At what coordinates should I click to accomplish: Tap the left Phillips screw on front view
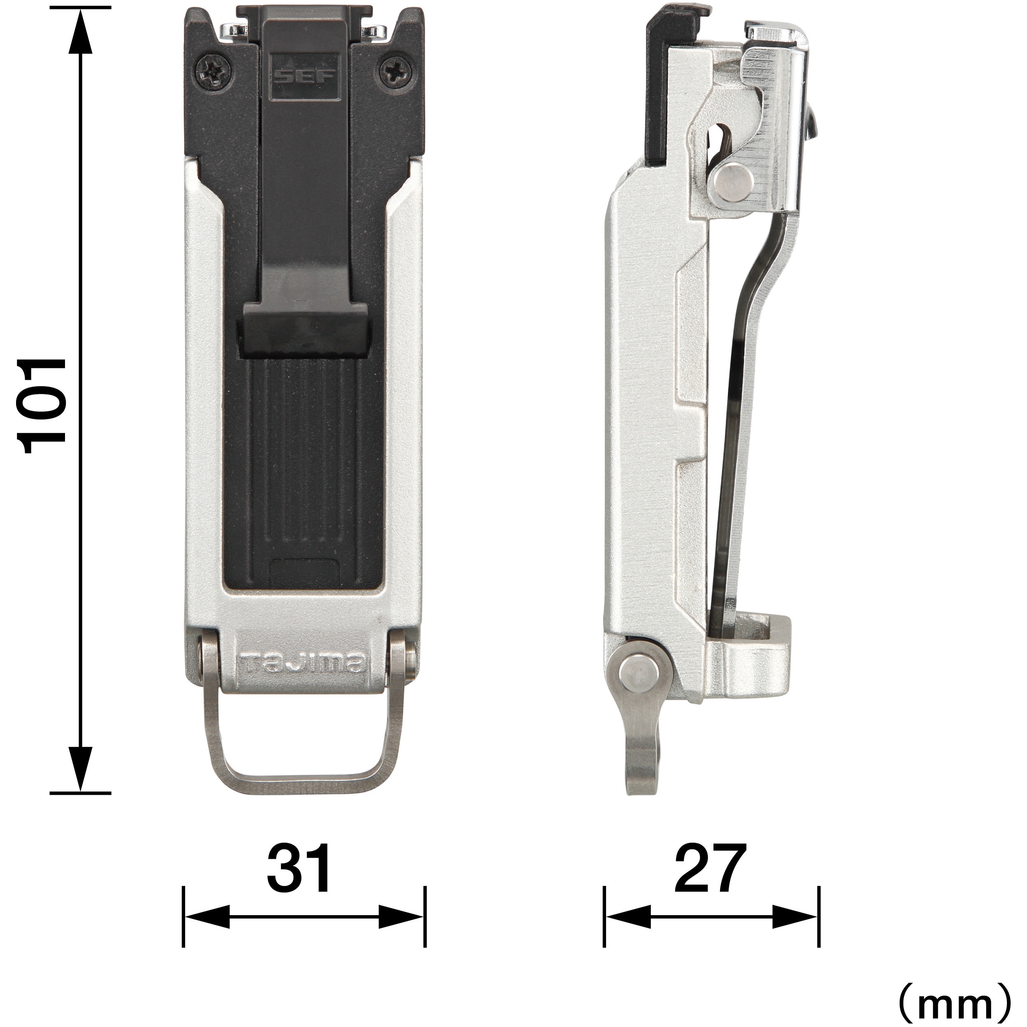[213, 71]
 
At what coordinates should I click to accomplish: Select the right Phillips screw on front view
[395, 71]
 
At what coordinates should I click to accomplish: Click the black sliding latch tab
[306, 330]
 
